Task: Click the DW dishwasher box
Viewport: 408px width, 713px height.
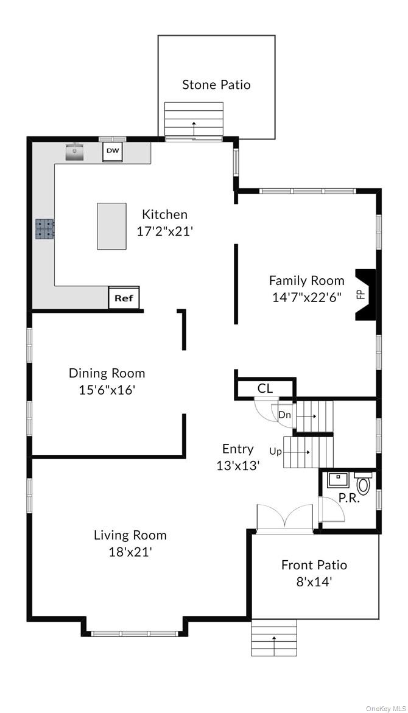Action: point(113,151)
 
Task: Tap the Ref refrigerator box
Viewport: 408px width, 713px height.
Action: point(124,298)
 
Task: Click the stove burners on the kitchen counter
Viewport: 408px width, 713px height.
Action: point(44,228)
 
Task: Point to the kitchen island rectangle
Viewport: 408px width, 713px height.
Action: point(111,226)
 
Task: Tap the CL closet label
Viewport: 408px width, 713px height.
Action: point(265,388)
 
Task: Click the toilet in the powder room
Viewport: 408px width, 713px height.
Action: point(364,484)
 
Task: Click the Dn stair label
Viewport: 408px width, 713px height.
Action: point(284,415)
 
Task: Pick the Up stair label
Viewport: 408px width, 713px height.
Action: point(275,451)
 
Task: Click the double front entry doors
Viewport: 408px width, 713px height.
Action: point(284,518)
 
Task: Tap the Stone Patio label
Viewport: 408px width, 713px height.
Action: point(216,85)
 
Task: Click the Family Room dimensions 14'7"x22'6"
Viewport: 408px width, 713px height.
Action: point(306,297)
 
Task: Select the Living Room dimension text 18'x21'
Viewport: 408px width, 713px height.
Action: point(130,552)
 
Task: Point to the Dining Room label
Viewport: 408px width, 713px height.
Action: point(107,373)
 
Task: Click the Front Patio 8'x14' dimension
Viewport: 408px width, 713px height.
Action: point(314,581)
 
